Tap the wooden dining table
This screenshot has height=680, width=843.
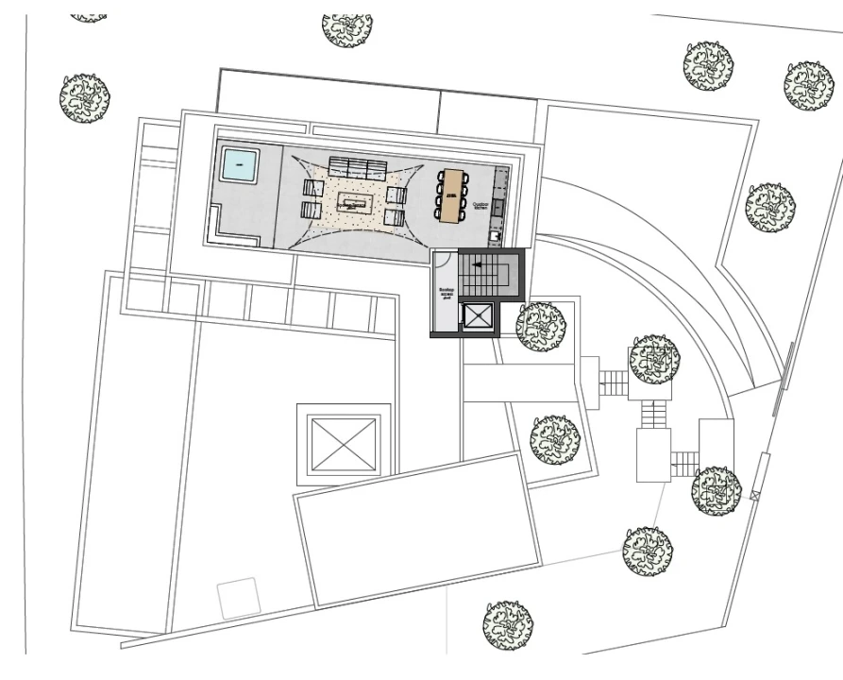click(x=452, y=195)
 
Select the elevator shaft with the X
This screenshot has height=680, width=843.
click(x=477, y=317)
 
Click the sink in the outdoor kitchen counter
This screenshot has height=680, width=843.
click(x=496, y=233)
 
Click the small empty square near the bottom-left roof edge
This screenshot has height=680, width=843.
click(x=238, y=599)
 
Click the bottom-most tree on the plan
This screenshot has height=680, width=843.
click(x=507, y=623)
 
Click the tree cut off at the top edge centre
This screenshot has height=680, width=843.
click(x=346, y=28)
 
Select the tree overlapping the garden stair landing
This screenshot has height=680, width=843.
click(x=654, y=359)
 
